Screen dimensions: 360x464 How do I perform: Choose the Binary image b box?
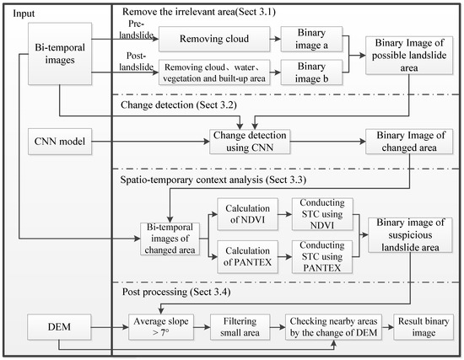304,72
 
